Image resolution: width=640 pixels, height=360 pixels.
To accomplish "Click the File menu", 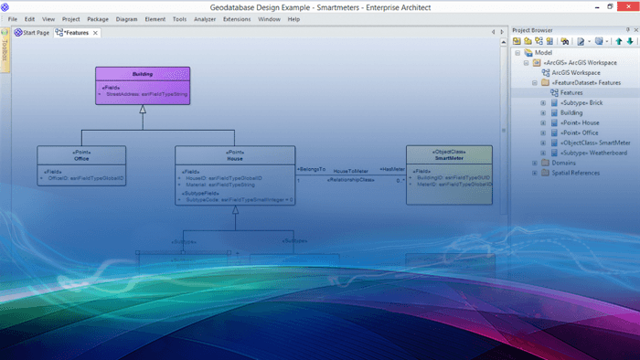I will click(x=13, y=19).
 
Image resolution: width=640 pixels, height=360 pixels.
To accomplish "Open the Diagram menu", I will click(x=126, y=19).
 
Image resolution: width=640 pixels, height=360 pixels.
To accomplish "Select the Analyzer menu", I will click(x=205, y=19).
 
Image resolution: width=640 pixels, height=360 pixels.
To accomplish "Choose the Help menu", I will click(x=293, y=19).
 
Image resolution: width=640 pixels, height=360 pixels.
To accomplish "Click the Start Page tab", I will click(x=33, y=33).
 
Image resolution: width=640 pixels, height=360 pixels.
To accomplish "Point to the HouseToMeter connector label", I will click(x=350, y=170).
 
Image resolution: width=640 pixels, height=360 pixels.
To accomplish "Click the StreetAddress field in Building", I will click(x=146, y=93).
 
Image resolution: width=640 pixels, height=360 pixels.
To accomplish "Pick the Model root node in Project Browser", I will click(x=543, y=52).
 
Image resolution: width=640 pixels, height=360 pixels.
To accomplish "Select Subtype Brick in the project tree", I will click(x=581, y=102).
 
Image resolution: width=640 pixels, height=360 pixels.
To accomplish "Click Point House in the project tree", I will click(x=580, y=122).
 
